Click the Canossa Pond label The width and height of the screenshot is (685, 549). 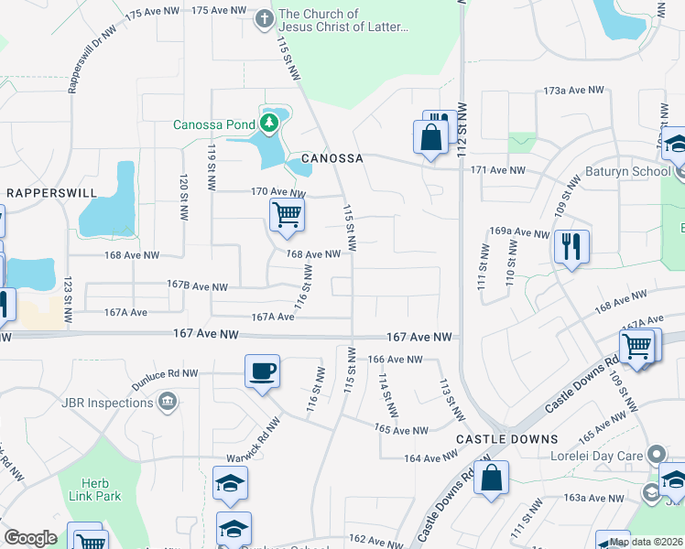(x=215, y=124)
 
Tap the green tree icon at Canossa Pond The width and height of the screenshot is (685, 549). (x=268, y=122)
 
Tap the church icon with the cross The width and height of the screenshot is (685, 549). (x=264, y=17)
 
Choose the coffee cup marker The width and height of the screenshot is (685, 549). (x=262, y=371)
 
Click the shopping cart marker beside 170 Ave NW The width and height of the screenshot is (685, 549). (x=287, y=216)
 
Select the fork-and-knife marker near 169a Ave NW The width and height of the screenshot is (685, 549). (x=571, y=246)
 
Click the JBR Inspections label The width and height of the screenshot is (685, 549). (x=109, y=403)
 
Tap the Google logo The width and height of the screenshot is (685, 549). (x=31, y=538)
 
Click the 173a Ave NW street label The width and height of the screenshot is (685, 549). (x=574, y=91)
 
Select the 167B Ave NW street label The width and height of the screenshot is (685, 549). (x=197, y=286)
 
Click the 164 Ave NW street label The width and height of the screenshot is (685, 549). (x=424, y=458)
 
